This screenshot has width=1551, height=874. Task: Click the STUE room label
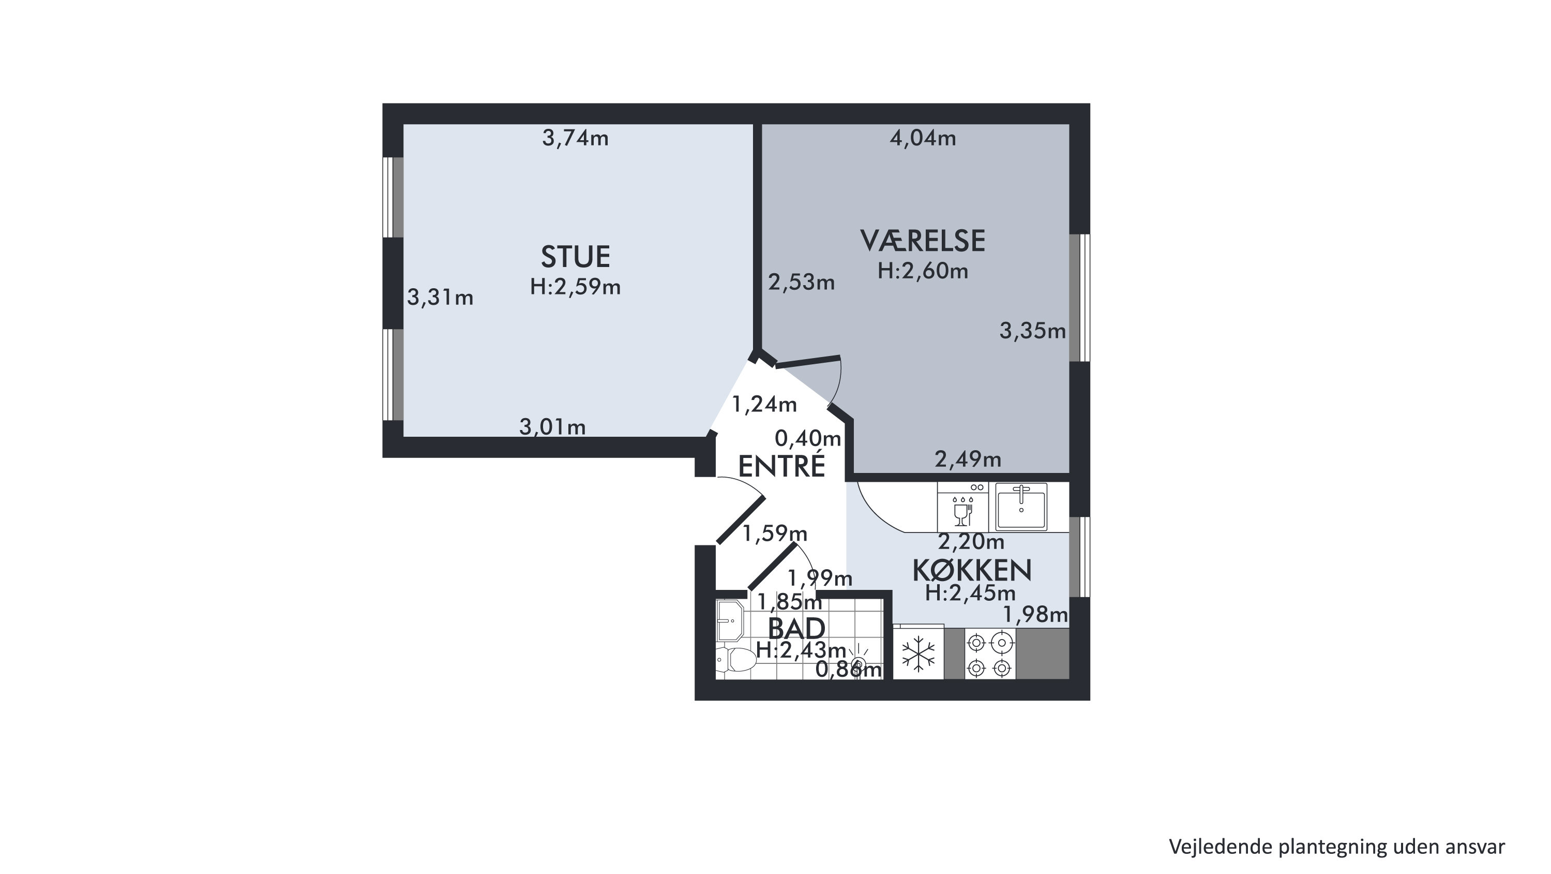(576, 257)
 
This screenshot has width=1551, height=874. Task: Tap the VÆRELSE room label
(923, 241)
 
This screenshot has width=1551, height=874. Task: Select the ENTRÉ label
(781, 466)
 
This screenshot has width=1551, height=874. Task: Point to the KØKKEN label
(972, 570)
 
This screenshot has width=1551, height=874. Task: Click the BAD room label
(796, 629)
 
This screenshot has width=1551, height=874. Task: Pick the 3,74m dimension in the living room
(576, 139)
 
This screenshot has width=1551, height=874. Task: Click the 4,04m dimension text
(923, 139)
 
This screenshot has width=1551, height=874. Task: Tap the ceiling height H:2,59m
(576, 287)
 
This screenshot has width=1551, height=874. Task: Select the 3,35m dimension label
(1033, 331)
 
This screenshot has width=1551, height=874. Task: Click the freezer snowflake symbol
(918, 654)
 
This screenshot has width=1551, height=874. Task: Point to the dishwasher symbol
(963, 507)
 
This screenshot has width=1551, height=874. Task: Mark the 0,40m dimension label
(807, 438)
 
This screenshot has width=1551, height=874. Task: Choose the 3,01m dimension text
(552, 427)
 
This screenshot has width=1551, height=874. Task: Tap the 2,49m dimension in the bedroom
(968, 460)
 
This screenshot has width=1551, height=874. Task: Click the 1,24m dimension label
(764, 404)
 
